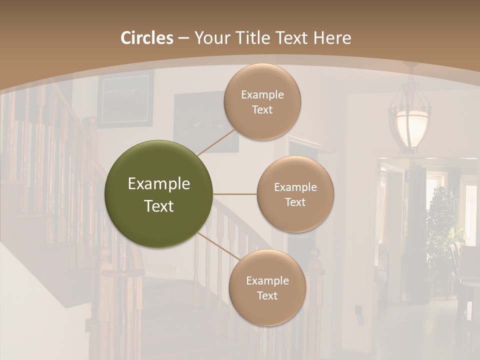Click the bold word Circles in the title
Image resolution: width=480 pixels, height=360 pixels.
pos(147,38)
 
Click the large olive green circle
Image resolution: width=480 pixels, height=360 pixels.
pos(159,194)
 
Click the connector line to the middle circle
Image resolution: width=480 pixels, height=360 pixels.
pos(235,194)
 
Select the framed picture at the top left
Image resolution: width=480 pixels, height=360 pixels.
pos(125,98)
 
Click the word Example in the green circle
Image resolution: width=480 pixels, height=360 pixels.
pos(159,184)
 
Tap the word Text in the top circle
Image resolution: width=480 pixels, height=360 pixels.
pos(262,110)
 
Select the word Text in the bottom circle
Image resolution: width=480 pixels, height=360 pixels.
pos(267,296)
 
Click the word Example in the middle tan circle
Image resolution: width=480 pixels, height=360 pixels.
pos(295,187)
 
